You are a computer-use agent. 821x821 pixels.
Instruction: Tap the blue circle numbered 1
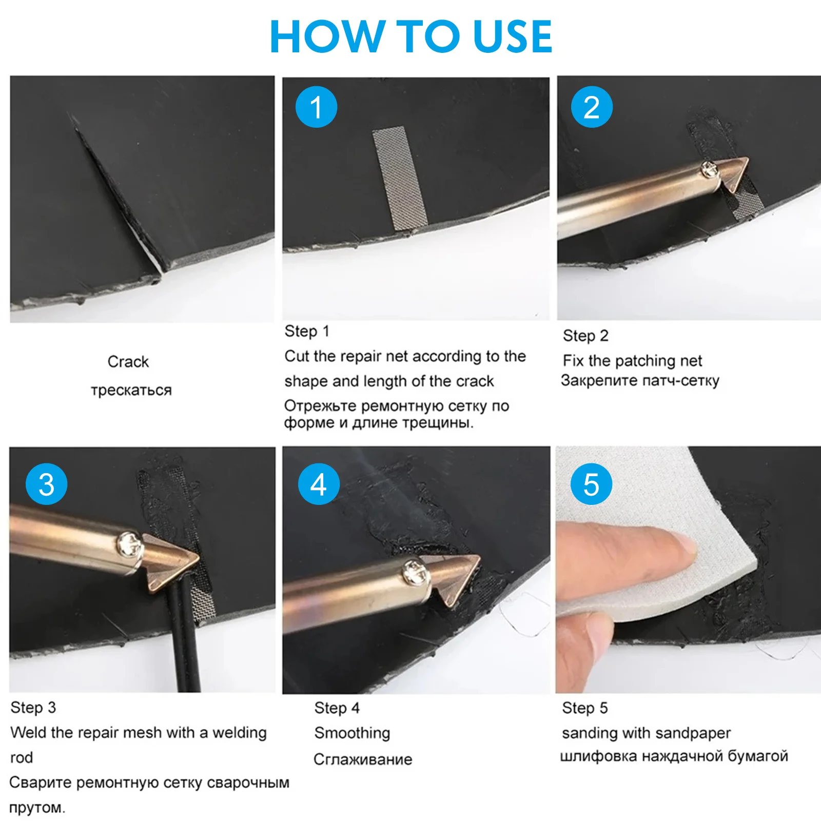click(316, 107)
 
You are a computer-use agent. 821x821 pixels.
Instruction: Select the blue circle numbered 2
click(592, 107)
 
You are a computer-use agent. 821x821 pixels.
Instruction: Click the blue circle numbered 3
click(47, 484)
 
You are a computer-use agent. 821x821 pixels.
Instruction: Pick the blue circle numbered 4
click(319, 484)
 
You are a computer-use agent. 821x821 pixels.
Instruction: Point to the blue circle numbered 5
click(591, 484)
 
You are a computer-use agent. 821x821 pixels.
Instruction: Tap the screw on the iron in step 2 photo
click(709, 170)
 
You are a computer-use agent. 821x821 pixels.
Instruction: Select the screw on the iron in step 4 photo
click(415, 573)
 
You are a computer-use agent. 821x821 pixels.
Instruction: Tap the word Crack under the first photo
click(128, 362)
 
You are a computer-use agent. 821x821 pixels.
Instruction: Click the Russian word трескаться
click(131, 390)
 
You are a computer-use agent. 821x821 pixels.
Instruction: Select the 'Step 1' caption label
click(307, 331)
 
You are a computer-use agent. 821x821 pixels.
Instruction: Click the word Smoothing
click(352, 733)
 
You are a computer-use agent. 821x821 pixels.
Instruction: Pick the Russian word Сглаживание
click(363, 759)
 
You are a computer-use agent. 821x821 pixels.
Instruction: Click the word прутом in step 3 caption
click(37, 808)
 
